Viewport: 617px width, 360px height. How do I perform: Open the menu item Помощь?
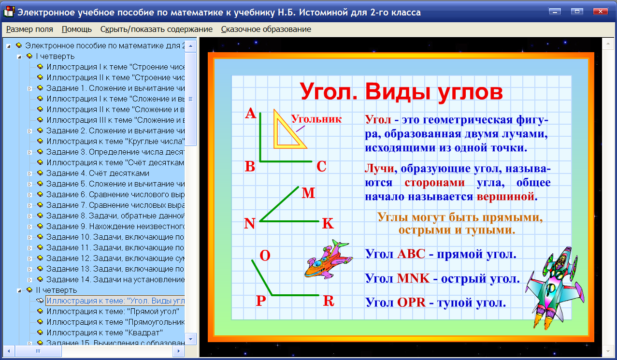pyautogui.click(x=77, y=29)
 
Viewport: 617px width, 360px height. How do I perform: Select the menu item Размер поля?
pyautogui.click(x=29, y=29)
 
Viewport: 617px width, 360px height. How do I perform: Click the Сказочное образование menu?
pyautogui.click(x=266, y=29)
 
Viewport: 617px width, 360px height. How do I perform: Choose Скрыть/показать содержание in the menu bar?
pyautogui.click(x=157, y=29)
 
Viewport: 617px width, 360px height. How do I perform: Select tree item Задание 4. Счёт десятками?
pyautogui.click(x=98, y=173)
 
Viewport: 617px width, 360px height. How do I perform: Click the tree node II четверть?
pyautogui.click(x=56, y=290)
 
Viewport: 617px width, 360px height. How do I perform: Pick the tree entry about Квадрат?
pyautogui.click(x=104, y=332)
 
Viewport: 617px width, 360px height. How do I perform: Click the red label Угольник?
pyautogui.click(x=316, y=119)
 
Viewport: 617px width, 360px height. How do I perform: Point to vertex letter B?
pyautogui.click(x=250, y=167)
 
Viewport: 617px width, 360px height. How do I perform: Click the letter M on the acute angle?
pyautogui.click(x=308, y=193)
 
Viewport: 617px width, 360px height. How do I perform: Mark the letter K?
pyautogui.click(x=328, y=223)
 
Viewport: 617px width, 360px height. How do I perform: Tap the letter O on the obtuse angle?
pyautogui.click(x=265, y=255)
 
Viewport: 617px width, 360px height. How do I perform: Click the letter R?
pyautogui.click(x=329, y=301)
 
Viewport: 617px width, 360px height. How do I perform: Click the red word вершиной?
pyautogui.click(x=506, y=197)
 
